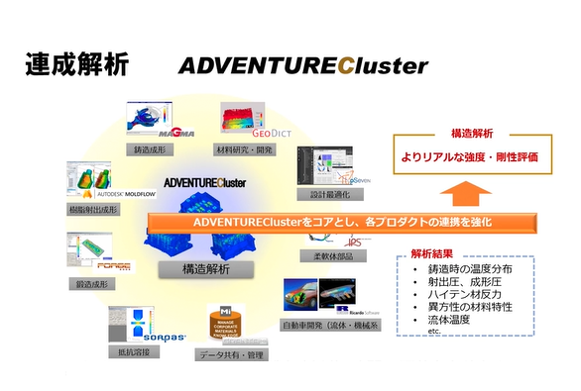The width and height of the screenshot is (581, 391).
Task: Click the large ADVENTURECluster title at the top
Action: (302, 66)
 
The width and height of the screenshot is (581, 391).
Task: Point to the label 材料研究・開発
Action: (244, 149)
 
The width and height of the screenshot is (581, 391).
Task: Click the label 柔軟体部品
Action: (324, 255)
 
